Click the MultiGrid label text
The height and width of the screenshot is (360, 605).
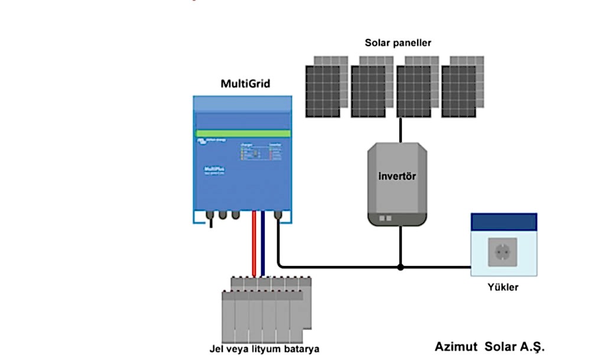tap(245, 84)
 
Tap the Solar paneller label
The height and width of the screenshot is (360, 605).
tap(398, 43)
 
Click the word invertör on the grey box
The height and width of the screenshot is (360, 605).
tap(397, 176)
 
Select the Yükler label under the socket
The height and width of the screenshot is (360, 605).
tap(503, 287)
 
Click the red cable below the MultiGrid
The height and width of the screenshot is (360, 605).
tap(254, 242)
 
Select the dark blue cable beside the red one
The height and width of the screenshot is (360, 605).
tap(262, 242)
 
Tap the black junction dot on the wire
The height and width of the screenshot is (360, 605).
tap(401, 267)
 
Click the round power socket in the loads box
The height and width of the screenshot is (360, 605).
tap(503, 252)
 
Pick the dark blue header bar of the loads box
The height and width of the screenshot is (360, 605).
tap(503, 222)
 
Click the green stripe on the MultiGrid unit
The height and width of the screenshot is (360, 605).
tap(242, 134)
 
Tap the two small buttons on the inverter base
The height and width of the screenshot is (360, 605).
tap(385, 218)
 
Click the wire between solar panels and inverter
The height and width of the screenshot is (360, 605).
tap(401, 130)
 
